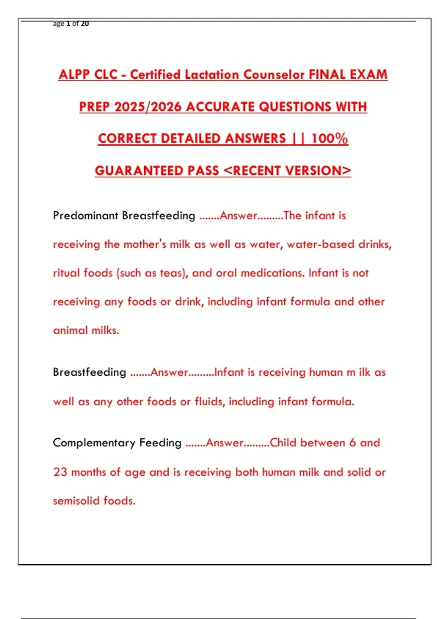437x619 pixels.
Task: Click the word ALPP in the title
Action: click(74, 75)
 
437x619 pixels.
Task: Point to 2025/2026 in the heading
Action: click(148, 107)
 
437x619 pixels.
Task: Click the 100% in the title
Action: click(330, 139)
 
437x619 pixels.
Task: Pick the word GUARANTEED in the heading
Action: click(139, 171)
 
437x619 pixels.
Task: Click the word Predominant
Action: click(86, 216)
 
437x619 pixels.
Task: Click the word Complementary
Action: click(94, 443)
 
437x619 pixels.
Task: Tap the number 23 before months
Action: click(60, 472)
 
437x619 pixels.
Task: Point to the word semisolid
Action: click(76, 501)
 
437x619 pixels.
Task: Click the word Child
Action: click(283, 443)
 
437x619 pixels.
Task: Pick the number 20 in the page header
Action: click(85, 24)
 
